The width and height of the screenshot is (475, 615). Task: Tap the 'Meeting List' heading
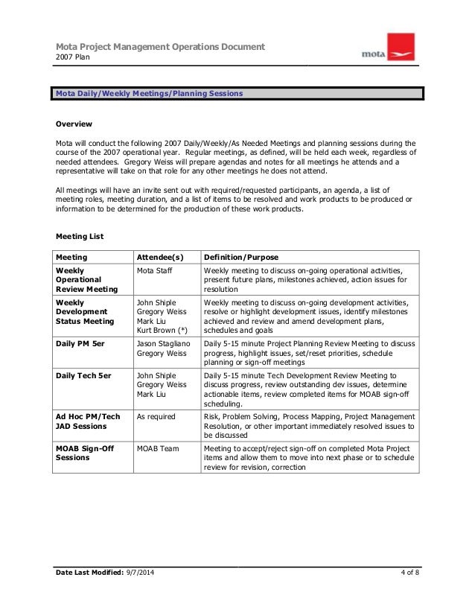point(80,237)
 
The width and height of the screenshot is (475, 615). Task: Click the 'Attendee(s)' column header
point(162,257)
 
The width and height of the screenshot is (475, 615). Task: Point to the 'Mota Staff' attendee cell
point(156,271)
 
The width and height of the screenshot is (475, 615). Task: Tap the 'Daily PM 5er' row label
point(83,344)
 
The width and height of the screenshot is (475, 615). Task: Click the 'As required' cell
point(156,418)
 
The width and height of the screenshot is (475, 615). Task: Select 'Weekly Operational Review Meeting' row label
point(86,280)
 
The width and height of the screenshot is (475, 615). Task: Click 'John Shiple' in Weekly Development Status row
point(156,302)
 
